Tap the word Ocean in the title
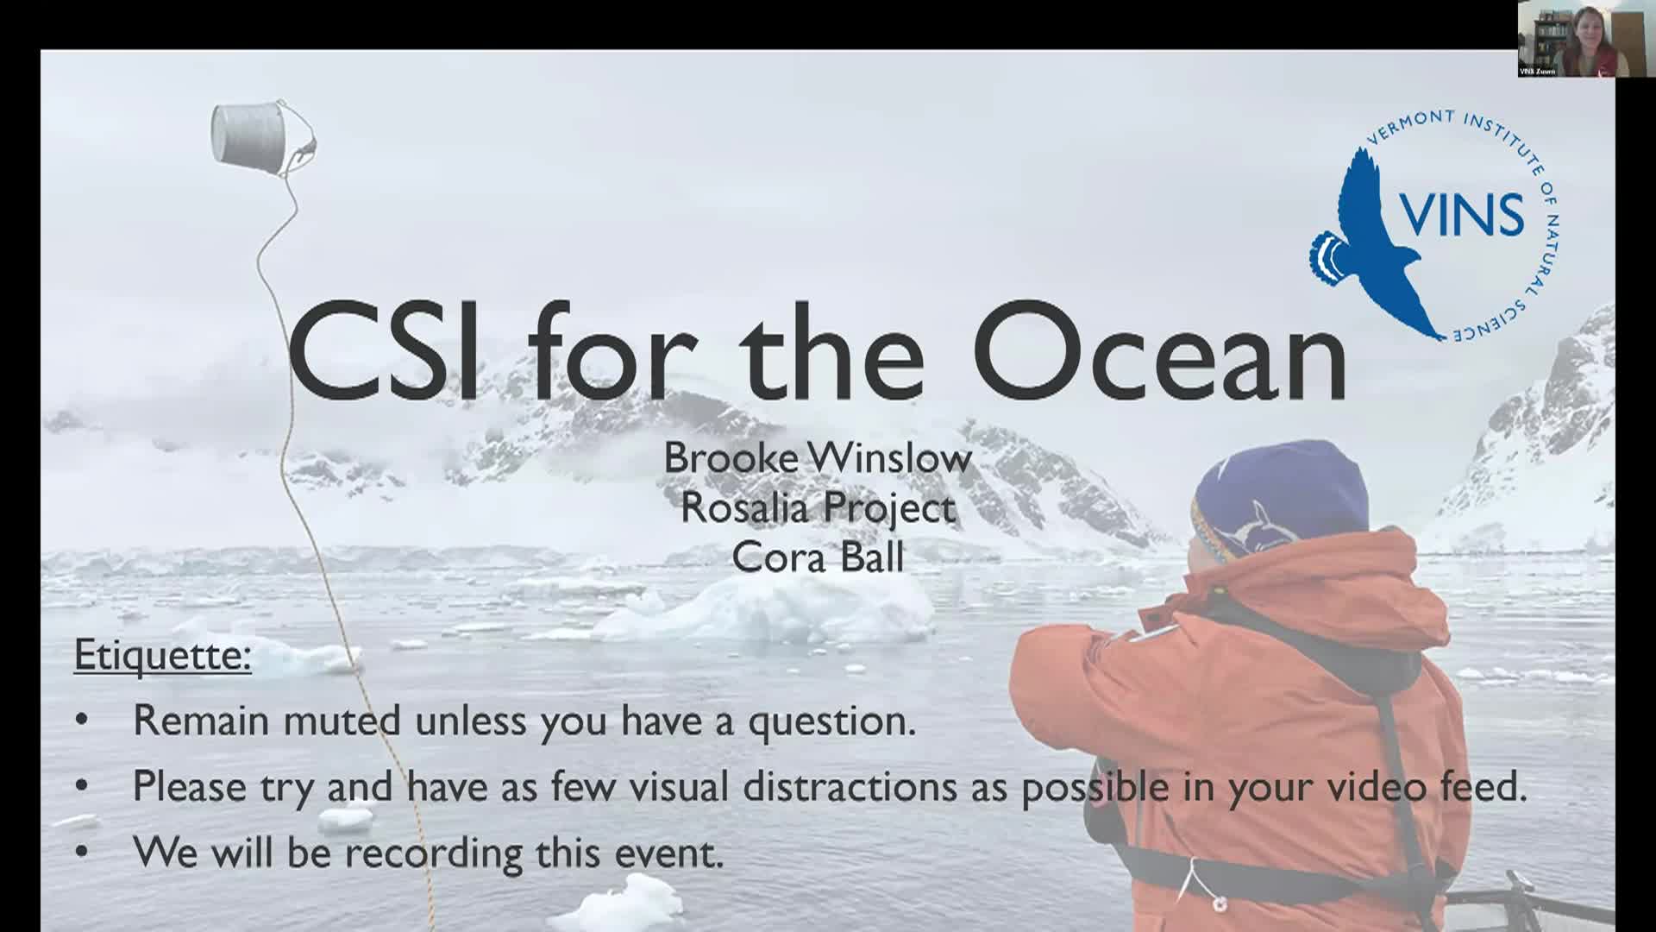click(x=1163, y=350)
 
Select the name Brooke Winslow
click(x=818, y=457)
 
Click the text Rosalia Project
click(x=818, y=507)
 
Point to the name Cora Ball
click(x=818, y=557)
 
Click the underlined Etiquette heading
click(x=163, y=656)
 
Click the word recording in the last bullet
click(x=434, y=853)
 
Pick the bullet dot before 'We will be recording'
click(x=82, y=853)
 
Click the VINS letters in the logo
click(x=1460, y=213)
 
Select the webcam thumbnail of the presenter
click(x=1572, y=39)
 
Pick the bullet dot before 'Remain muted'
click(x=82, y=720)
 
